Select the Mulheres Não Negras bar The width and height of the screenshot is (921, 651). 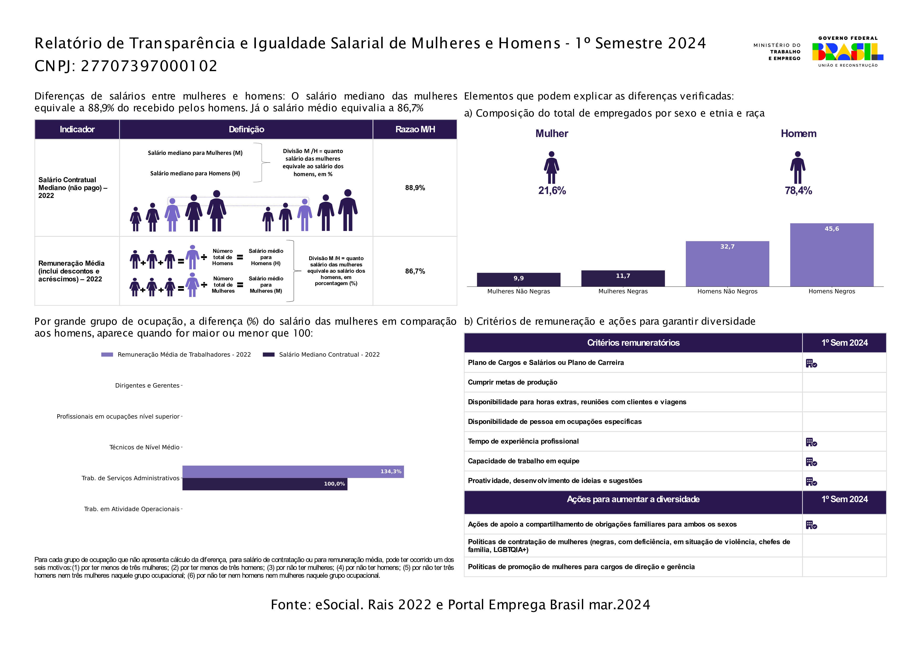[x=518, y=280]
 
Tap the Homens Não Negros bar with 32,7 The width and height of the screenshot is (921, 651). [x=727, y=264]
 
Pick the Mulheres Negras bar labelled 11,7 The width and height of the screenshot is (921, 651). [x=623, y=278]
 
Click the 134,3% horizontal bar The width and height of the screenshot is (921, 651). [x=293, y=472]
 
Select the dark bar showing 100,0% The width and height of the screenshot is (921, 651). [x=265, y=484]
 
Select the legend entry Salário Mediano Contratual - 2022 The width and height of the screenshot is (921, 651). [x=321, y=355]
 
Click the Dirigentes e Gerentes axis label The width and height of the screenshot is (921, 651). [x=147, y=385]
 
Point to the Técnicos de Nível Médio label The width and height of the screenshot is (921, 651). [x=144, y=447]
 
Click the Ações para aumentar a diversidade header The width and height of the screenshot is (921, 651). [x=633, y=499]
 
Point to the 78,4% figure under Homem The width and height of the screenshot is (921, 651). [x=798, y=191]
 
